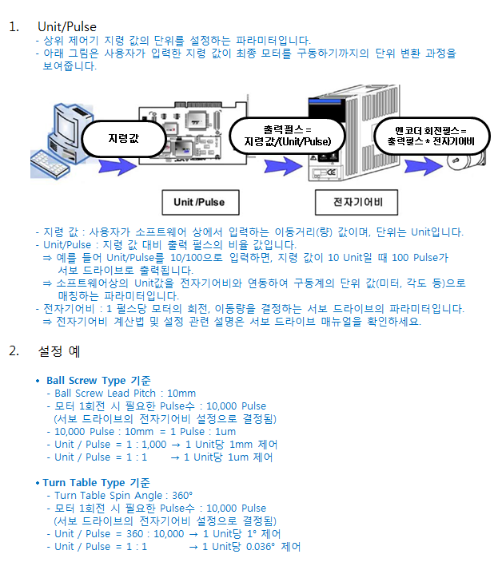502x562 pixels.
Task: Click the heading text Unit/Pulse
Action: pos(67,27)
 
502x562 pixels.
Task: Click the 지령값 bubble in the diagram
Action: pos(124,139)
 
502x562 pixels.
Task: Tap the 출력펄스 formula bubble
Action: pos(287,136)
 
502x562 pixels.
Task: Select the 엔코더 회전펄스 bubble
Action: pos(432,137)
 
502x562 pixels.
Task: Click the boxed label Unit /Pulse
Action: pos(201,203)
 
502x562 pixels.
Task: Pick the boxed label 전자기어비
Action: pos(357,203)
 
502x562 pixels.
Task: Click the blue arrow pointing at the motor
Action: pos(424,166)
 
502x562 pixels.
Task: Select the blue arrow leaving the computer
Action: pos(118,166)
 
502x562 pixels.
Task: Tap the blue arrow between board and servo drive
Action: pos(283,166)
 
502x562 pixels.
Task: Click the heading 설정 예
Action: pos(59,351)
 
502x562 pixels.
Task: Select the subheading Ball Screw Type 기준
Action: pos(98,380)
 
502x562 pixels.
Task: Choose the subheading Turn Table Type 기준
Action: pos(96,482)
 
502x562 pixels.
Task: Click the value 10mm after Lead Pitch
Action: pos(181,394)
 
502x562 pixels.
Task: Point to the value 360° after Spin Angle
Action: pos(182,495)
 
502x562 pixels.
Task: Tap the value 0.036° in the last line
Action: pos(261,547)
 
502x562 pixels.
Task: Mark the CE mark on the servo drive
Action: pos(331,172)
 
